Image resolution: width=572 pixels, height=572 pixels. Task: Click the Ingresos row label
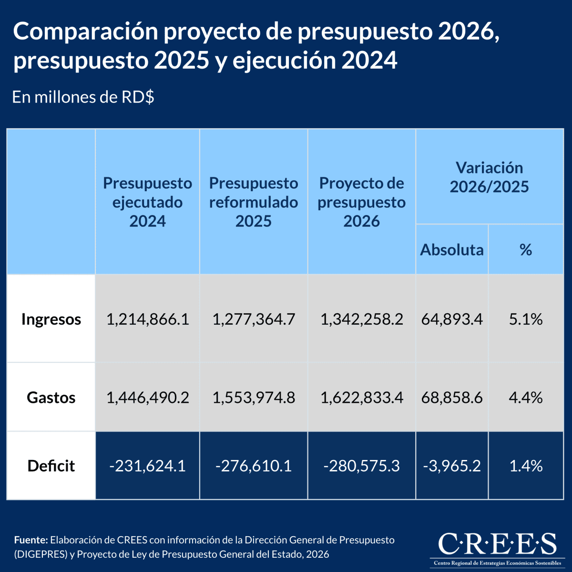point(51,319)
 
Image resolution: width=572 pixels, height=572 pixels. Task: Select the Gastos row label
point(51,397)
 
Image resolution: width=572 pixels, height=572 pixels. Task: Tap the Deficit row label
point(51,466)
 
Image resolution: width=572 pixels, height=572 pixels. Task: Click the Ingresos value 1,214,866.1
point(148,319)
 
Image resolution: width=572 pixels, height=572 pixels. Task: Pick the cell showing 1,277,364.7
point(254,319)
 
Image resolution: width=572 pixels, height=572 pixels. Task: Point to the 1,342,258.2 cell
point(362,319)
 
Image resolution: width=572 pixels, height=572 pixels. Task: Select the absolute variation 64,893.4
point(452,319)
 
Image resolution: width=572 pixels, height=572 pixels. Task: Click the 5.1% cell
point(526,319)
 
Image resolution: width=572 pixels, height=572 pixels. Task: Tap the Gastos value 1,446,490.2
point(148,397)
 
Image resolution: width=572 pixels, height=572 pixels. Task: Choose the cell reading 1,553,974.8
point(254,397)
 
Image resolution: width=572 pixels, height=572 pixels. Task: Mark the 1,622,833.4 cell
point(362,397)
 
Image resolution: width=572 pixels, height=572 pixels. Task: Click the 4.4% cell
point(526,397)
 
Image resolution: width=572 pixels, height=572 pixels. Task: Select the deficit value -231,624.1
point(148,466)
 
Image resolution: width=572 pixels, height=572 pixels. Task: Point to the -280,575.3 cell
point(362,466)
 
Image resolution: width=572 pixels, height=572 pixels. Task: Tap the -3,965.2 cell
point(452,466)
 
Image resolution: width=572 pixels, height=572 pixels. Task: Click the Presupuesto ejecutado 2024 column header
point(148,202)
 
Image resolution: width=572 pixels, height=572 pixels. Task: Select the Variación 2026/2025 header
point(490,177)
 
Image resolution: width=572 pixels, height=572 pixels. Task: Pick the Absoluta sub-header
point(452,249)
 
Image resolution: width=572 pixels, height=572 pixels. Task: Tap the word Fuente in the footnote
point(31,540)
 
